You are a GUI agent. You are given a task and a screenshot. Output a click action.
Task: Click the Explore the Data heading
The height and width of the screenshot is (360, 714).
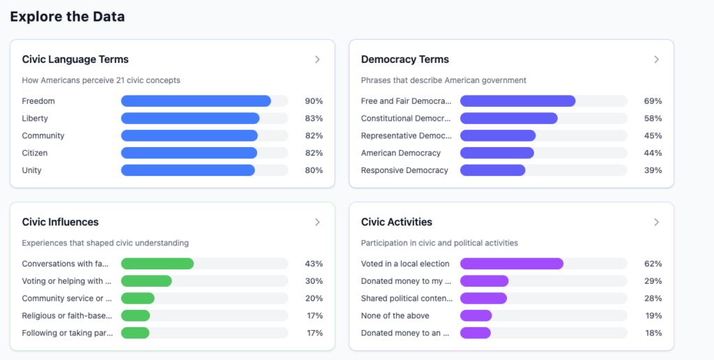tap(68, 17)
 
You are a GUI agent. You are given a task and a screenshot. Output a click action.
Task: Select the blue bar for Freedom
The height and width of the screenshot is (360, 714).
tap(196, 101)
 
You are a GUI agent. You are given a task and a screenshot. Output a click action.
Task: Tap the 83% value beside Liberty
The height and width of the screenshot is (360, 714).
tap(313, 119)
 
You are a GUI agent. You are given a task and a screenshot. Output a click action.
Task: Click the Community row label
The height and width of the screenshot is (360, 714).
tap(43, 136)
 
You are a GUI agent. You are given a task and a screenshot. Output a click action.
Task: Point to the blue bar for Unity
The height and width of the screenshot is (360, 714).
tap(188, 170)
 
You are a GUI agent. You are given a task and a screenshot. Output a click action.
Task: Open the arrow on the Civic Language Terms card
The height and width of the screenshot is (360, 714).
tap(317, 59)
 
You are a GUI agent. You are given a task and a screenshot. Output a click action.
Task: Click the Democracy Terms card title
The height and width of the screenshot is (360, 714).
tap(404, 59)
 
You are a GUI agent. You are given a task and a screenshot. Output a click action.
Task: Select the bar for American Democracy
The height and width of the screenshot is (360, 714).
tap(497, 153)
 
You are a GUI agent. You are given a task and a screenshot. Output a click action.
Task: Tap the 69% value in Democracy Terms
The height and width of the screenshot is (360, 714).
tap(653, 101)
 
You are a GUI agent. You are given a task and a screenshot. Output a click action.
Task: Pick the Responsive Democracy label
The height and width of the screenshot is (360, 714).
tap(404, 170)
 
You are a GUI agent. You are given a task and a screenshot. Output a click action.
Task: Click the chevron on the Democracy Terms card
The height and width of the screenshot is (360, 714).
tap(656, 59)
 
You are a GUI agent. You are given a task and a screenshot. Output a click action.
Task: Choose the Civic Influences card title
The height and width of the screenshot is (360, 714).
tap(60, 222)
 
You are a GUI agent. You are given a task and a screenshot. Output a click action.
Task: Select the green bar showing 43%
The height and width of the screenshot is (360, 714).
tap(158, 264)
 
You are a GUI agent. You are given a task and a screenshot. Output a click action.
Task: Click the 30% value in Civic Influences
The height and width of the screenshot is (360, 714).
tap(314, 281)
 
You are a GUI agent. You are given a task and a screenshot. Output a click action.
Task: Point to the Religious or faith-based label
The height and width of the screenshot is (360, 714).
tap(67, 316)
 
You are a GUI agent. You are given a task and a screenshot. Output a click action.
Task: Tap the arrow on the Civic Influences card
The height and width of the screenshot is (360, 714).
tap(317, 222)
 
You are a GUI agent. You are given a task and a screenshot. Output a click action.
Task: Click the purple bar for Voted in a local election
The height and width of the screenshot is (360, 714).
tap(512, 264)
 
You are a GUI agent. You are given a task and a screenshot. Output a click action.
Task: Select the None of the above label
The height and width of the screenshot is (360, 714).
tap(395, 316)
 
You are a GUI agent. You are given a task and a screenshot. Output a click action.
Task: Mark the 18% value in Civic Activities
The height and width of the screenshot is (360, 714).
tap(653, 333)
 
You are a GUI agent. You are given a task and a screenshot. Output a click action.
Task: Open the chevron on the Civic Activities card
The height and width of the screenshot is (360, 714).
tap(656, 222)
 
